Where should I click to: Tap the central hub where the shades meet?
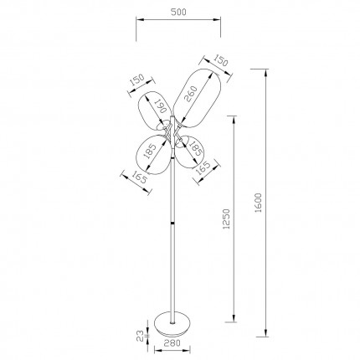(172, 133)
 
